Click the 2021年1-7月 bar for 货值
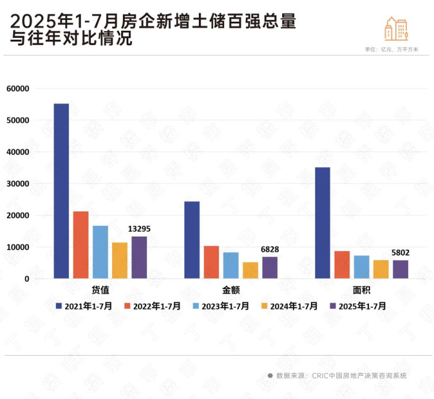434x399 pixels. click(x=61, y=191)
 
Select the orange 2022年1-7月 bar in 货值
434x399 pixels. click(x=81, y=245)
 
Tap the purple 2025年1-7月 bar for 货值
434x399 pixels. click(x=139, y=258)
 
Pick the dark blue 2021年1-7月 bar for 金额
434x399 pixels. click(x=192, y=240)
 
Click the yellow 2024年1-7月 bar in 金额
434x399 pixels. click(x=250, y=270)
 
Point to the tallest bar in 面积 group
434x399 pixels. click(x=322, y=223)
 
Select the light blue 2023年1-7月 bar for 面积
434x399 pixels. click(x=362, y=267)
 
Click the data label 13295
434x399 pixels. click(x=139, y=229)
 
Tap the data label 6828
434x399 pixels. click(x=270, y=250)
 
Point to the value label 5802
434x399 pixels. click(x=400, y=253)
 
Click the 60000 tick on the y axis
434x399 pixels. click(x=18, y=88)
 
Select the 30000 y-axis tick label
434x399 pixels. click(x=18, y=184)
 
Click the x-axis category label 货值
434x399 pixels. click(x=100, y=289)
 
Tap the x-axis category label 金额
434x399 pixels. click(x=231, y=289)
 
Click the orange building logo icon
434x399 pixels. click(x=396, y=29)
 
